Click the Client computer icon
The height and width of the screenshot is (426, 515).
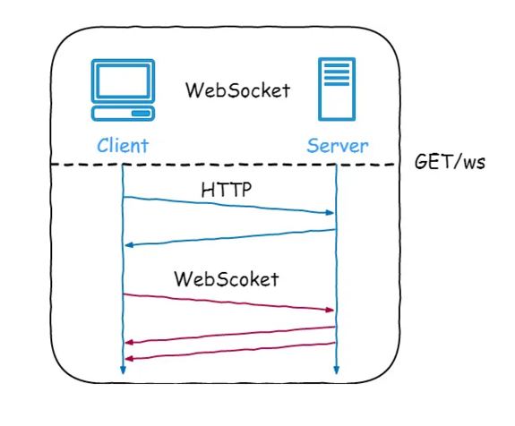(x=123, y=90)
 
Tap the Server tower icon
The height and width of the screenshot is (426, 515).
(x=336, y=89)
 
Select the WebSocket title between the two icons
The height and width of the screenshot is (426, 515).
(x=237, y=90)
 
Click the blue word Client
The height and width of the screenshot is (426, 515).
(x=122, y=145)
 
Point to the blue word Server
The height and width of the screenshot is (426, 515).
(x=337, y=145)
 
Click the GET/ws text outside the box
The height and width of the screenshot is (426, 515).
(x=450, y=163)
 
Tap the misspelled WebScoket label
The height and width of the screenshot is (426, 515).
(x=227, y=278)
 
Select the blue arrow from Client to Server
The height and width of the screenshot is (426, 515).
(x=228, y=205)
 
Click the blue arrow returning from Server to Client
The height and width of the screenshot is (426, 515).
(x=228, y=237)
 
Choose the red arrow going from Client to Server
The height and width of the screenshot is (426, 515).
(x=228, y=302)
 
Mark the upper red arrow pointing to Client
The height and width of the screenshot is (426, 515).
(x=228, y=335)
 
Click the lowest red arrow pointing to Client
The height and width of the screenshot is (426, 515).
(x=228, y=351)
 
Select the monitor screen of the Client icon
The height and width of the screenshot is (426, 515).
(x=123, y=83)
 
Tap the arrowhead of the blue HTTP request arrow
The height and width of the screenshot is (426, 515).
(x=329, y=213)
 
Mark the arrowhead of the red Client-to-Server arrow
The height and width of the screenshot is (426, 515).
(x=329, y=310)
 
